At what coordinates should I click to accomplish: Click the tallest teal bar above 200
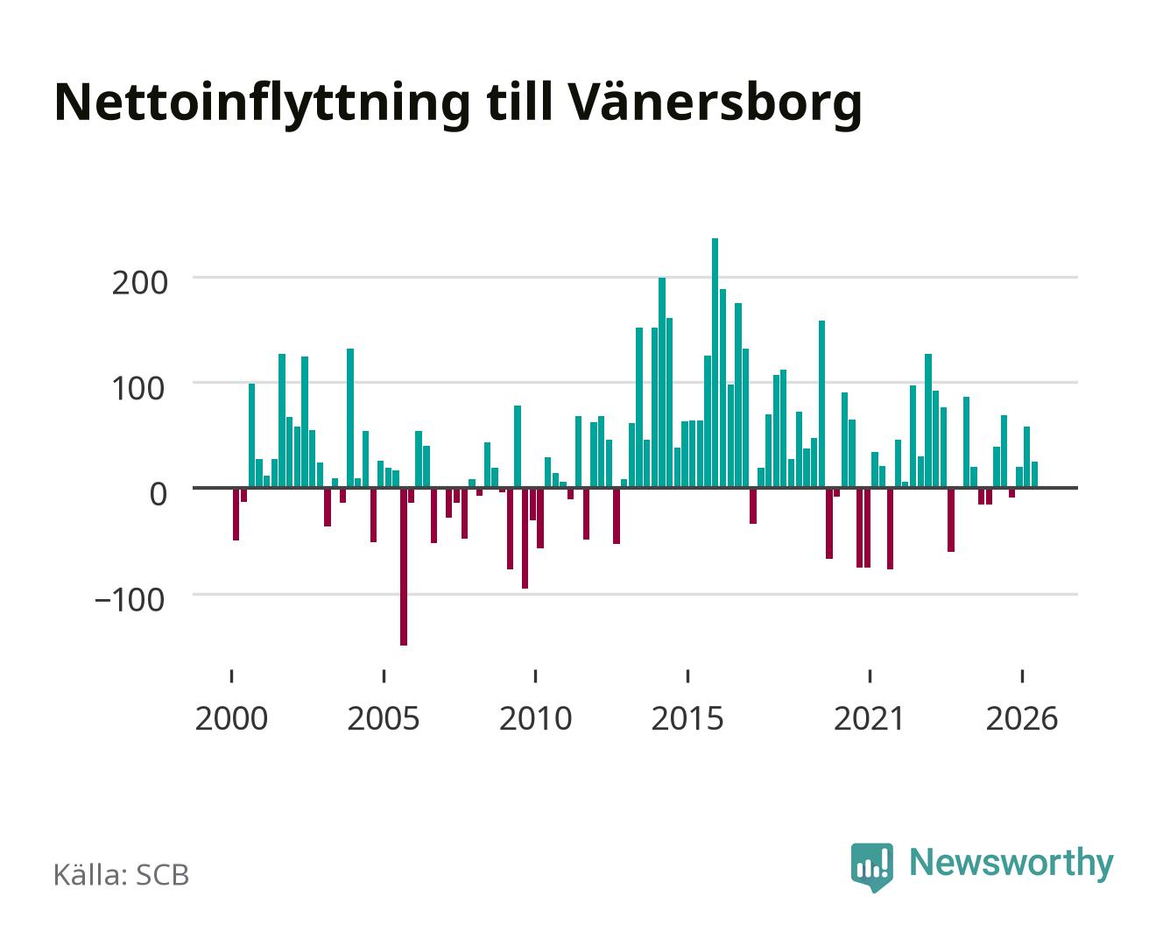(x=715, y=363)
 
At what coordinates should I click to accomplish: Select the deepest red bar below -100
(x=404, y=567)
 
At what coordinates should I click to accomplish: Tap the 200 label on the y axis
(x=139, y=284)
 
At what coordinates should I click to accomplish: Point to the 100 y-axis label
(x=137, y=388)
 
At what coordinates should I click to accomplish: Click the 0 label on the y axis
(x=159, y=494)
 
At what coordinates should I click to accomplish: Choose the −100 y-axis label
(x=130, y=599)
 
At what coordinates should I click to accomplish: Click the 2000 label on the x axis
(x=231, y=718)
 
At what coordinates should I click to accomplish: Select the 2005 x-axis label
(x=384, y=718)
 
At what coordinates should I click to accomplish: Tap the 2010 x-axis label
(x=536, y=718)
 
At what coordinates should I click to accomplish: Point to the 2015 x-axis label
(x=687, y=718)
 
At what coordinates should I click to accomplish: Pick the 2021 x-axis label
(x=869, y=718)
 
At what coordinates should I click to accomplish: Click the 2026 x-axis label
(x=1022, y=718)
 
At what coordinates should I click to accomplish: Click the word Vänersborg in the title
(x=714, y=103)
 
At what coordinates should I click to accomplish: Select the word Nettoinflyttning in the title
(x=263, y=103)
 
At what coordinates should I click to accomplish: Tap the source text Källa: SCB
(x=121, y=876)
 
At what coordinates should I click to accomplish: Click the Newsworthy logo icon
(x=871, y=866)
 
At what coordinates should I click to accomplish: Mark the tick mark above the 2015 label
(x=687, y=676)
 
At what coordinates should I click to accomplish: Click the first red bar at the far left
(x=236, y=513)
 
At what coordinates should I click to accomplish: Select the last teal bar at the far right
(x=1034, y=475)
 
